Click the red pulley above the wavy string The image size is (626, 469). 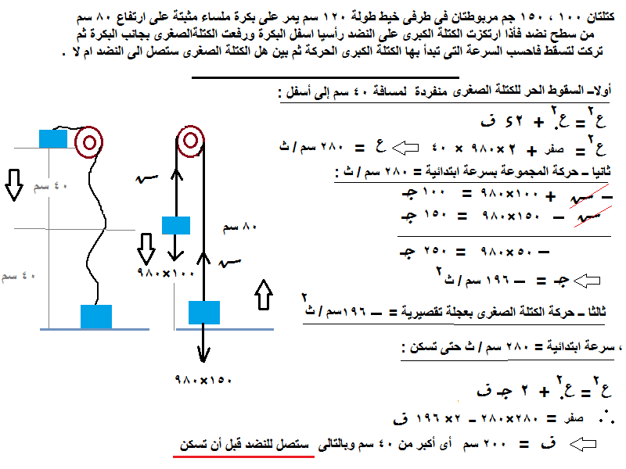89,142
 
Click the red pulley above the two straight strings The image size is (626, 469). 189,143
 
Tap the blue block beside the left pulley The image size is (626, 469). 54,138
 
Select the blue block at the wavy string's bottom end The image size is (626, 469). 97,316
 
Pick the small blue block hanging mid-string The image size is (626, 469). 176,226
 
